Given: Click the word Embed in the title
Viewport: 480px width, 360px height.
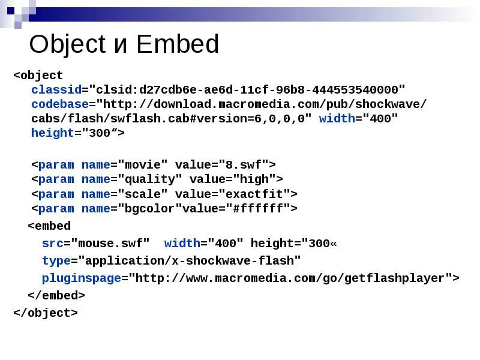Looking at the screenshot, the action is [178, 45].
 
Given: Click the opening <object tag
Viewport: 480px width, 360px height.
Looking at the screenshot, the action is [38, 76].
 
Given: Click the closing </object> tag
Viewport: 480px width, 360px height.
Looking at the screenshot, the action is [46, 313].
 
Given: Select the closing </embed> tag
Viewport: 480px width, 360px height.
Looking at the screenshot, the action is [56, 295].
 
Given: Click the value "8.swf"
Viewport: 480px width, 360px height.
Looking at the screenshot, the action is [246, 164].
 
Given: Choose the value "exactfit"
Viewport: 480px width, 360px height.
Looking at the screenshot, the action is [257, 194].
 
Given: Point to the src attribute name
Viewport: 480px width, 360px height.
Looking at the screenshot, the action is [52, 243].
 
